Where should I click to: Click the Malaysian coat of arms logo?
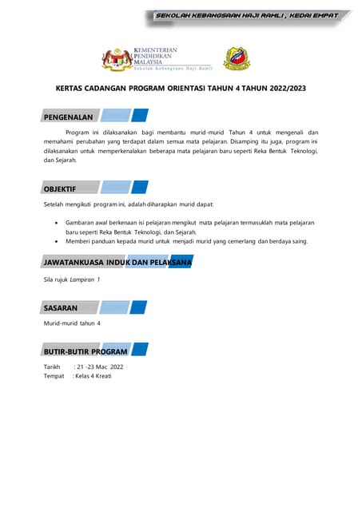(x=115, y=59)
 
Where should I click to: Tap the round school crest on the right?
(x=237, y=58)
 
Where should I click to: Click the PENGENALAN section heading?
(x=69, y=117)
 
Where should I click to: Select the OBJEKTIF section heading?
(x=60, y=188)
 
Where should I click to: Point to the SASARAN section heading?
(x=61, y=307)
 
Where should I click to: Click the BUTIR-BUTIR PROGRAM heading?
(x=86, y=351)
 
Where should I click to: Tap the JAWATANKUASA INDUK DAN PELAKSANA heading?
(x=117, y=262)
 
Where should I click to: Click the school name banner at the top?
(x=246, y=15)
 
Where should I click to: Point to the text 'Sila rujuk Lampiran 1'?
(x=72, y=279)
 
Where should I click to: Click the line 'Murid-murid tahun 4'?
(x=72, y=323)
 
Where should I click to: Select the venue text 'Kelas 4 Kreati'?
(x=93, y=375)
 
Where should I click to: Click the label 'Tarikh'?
(x=52, y=366)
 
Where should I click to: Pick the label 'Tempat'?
(x=54, y=375)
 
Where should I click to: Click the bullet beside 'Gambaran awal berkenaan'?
(x=54, y=223)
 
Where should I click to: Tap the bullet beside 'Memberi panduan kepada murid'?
(x=54, y=240)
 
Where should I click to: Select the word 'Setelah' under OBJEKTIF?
(x=54, y=205)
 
